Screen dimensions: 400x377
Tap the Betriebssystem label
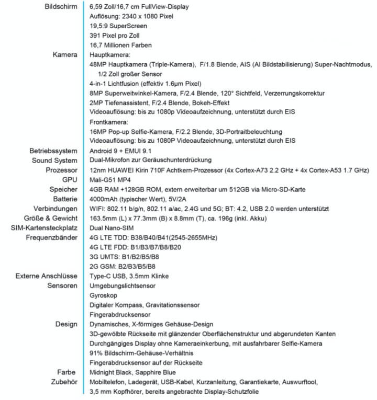pos(53,151)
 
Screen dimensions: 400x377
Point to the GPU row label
pos(70,179)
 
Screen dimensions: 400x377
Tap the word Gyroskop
pos(104,295)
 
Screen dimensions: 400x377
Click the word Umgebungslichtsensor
pos(122,285)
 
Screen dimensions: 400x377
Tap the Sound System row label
pos(54,160)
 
